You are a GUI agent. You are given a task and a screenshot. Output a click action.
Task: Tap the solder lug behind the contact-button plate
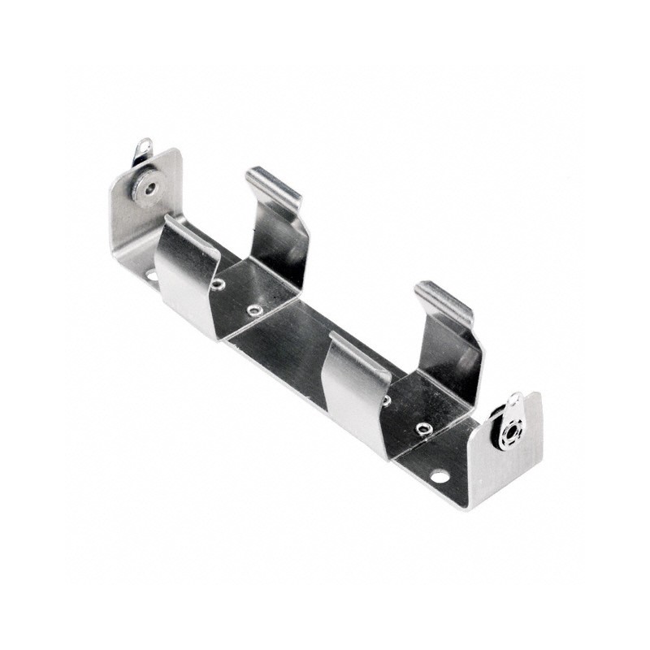pos(143,150)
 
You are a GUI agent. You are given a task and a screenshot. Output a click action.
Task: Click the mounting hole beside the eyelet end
pos(440,475)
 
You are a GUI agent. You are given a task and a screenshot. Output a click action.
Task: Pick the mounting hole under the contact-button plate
pos(151,275)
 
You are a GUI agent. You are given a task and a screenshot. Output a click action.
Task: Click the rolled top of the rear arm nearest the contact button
pos(273,185)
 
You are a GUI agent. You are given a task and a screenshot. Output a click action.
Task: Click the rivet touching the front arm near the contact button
pos(217,284)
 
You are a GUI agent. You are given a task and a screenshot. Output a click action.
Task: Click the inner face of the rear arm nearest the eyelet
pos(451,349)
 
